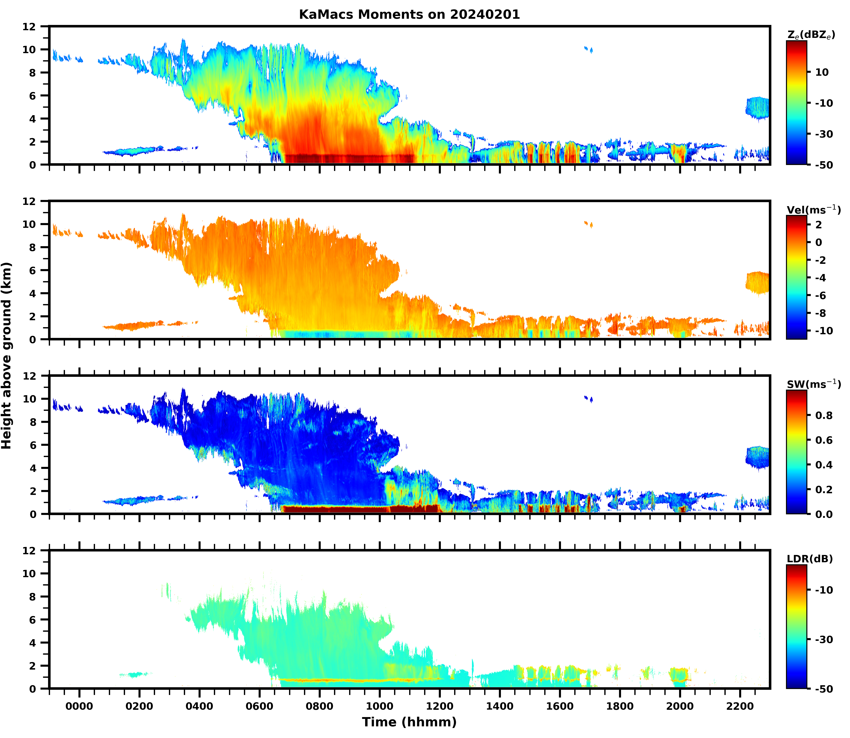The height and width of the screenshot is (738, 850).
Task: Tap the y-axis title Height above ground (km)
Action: point(7,355)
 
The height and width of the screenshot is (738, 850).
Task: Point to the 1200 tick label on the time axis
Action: point(440,706)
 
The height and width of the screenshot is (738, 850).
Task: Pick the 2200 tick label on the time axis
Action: point(740,706)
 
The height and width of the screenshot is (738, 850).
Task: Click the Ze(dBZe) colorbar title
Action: point(811,35)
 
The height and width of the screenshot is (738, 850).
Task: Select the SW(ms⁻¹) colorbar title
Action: point(813,384)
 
